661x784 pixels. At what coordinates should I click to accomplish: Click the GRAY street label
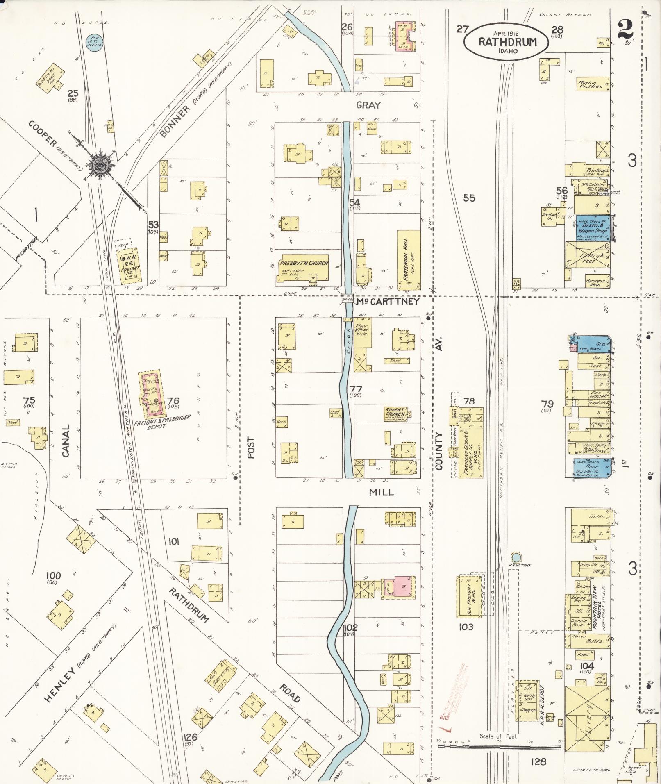pyautogui.click(x=368, y=105)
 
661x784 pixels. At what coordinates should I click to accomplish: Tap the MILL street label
pyautogui.click(x=381, y=493)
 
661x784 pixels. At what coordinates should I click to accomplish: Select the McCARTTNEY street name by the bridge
pyautogui.click(x=387, y=302)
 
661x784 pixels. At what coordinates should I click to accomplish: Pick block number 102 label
pyautogui.click(x=351, y=627)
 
